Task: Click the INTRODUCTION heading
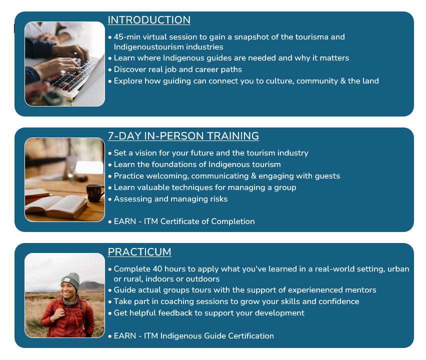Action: click(x=149, y=20)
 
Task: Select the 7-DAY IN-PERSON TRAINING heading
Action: click(x=183, y=136)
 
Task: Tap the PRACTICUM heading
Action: click(x=139, y=252)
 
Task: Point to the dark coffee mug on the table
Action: click(x=95, y=192)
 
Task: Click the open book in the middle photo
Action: click(x=56, y=205)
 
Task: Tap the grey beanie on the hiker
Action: click(x=70, y=281)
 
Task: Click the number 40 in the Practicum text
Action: click(x=157, y=268)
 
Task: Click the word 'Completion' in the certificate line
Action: click(x=233, y=221)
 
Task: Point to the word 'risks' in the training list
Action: click(x=218, y=199)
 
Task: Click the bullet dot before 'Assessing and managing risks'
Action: click(x=110, y=199)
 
